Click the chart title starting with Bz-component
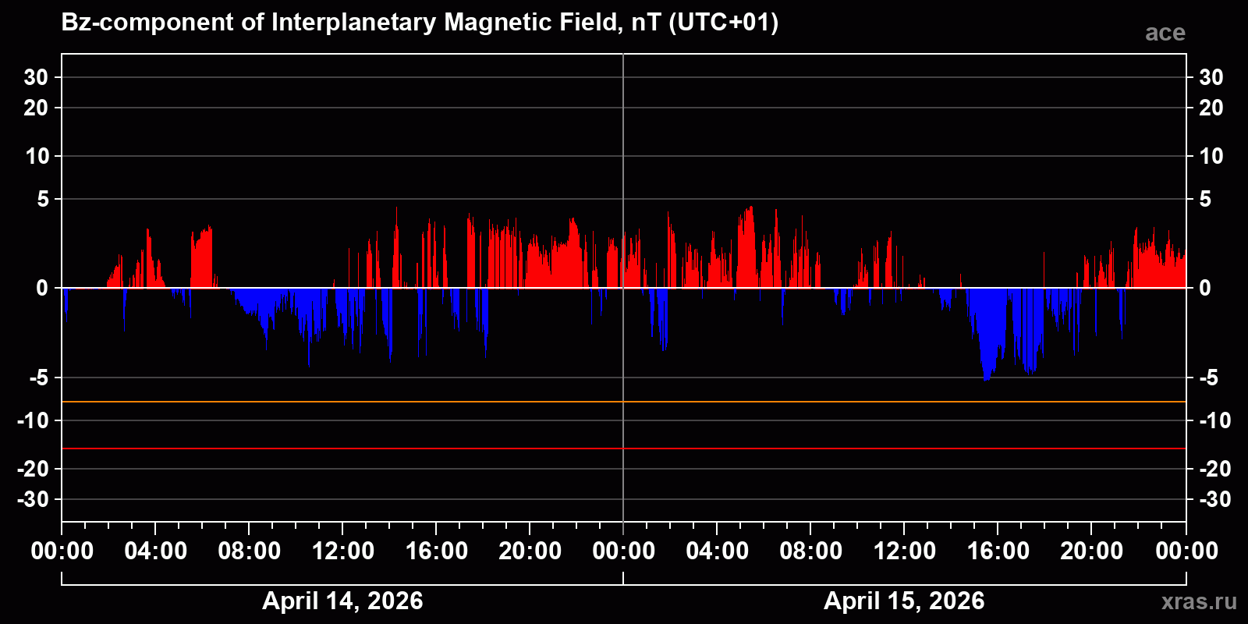(x=420, y=23)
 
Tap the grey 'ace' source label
(x=1165, y=33)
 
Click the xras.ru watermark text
(x=1198, y=601)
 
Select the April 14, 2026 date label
(x=342, y=601)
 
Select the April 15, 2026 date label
(x=904, y=601)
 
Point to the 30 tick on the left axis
(x=36, y=77)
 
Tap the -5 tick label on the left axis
(x=38, y=378)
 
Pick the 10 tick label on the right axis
(x=1211, y=156)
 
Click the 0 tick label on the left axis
(x=42, y=289)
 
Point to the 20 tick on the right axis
(x=1211, y=108)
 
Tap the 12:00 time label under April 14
(x=342, y=551)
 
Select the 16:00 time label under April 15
(x=998, y=551)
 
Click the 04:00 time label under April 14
(x=155, y=551)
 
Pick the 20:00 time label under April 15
(x=1091, y=551)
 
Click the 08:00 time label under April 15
(x=810, y=551)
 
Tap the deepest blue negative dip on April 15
(x=987, y=378)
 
